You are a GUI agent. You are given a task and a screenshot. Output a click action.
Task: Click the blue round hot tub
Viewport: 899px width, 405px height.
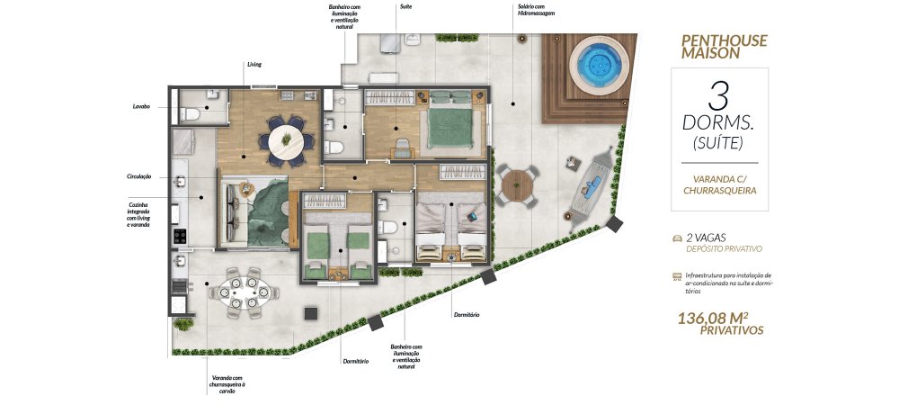click(x=600, y=64)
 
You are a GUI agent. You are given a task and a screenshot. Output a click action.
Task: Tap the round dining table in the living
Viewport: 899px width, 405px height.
click(x=286, y=141)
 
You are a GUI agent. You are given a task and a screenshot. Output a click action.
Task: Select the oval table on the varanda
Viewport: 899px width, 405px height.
click(x=245, y=292)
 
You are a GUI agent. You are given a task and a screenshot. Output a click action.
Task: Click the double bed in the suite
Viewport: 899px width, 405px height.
click(x=449, y=121)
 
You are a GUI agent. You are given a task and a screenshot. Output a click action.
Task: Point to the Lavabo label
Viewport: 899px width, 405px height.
click(x=141, y=107)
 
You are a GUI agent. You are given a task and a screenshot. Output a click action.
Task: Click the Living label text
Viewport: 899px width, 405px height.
click(x=254, y=64)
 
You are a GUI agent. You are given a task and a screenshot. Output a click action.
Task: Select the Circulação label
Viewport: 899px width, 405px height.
click(x=138, y=176)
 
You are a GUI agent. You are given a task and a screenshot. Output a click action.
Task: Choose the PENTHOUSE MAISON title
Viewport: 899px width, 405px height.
click(x=724, y=47)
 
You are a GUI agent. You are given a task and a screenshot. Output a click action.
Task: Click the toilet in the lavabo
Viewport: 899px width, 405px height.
click(x=191, y=114)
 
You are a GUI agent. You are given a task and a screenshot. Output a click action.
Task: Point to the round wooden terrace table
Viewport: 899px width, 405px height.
click(x=518, y=186)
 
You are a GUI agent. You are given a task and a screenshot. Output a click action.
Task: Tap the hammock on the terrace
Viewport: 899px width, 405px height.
click(x=590, y=188)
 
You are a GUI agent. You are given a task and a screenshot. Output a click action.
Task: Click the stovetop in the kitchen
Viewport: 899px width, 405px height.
click(x=180, y=236)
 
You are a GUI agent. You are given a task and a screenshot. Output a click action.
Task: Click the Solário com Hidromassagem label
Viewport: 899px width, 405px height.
click(x=535, y=10)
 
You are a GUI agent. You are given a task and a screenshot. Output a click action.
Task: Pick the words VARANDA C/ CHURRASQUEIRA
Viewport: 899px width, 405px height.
click(x=719, y=184)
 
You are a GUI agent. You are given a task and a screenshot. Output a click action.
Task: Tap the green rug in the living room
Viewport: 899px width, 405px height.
click(x=268, y=212)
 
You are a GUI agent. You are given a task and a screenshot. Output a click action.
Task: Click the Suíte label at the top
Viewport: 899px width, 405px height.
click(x=406, y=6)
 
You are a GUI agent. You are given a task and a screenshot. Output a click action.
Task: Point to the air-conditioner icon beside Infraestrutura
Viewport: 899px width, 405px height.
click(x=677, y=276)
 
